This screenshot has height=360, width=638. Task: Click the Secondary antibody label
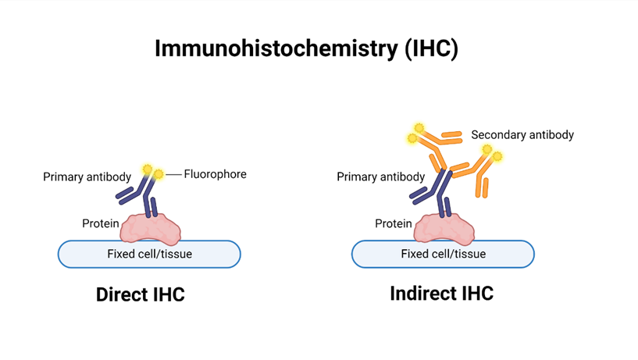point(522,135)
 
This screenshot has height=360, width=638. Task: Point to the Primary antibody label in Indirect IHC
point(380,177)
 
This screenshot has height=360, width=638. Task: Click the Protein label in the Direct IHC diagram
point(101,224)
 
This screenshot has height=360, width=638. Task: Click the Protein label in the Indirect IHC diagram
point(393,224)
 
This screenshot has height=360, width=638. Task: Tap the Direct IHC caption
point(140,295)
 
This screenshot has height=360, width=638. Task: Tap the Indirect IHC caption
point(441,294)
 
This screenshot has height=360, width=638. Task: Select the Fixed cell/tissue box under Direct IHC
point(149,254)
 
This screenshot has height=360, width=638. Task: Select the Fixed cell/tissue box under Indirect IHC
point(443,254)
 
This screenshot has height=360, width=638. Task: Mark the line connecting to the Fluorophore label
point(173,173)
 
